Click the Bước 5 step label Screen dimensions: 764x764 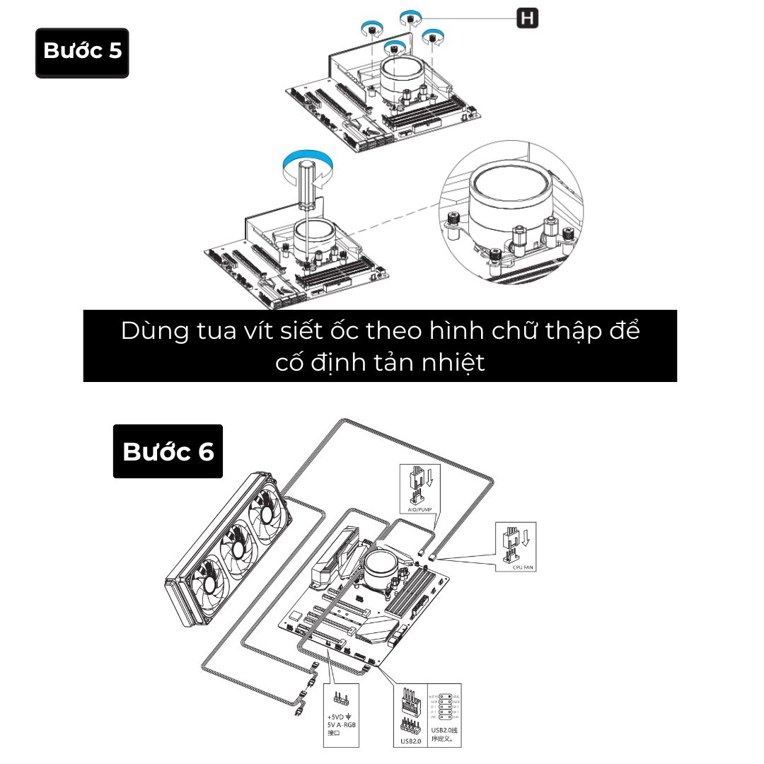point(82,52)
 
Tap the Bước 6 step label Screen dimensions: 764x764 point(168,451)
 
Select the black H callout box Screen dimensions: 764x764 point(527,18)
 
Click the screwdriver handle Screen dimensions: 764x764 point(308,184)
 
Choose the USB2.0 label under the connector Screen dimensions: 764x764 point(410,741)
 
